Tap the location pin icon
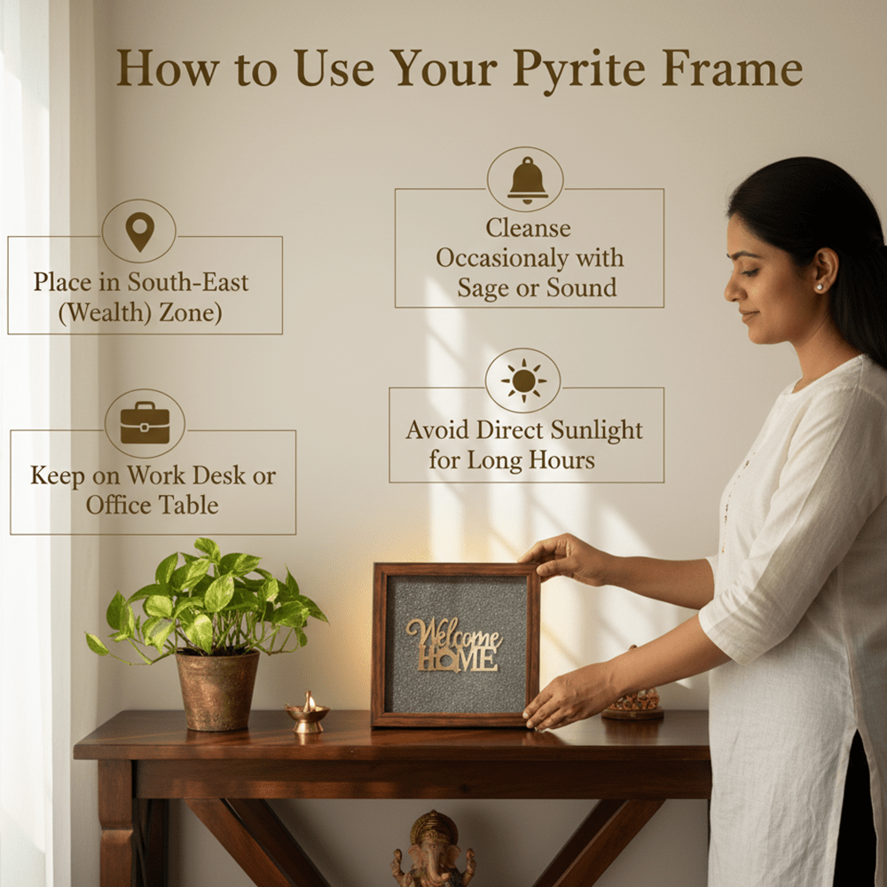[x=139, y=232]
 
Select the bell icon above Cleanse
[x=527, y=179]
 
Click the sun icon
[x=523, y=381]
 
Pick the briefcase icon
[x=145, y=423]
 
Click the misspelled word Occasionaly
[x=530, y=258]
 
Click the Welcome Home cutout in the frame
[x=453, y=645]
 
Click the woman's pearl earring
[x=819, y=287]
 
